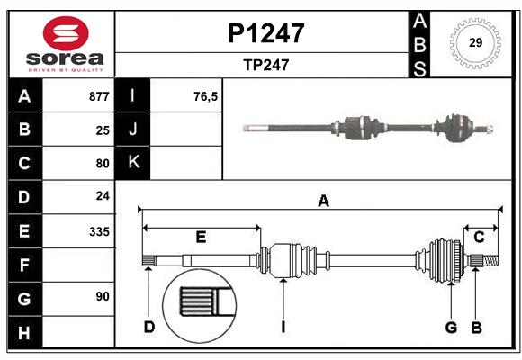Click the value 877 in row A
99,96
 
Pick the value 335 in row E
99,231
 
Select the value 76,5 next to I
205,96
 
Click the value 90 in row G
103,296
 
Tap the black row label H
24,334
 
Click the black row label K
134,163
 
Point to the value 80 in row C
103,164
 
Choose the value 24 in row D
103,195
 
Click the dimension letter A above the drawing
323,202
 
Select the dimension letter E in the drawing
201,238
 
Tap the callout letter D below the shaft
149,327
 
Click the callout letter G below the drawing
450,327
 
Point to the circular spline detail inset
198,302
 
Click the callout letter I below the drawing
283,327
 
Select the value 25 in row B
103,130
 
